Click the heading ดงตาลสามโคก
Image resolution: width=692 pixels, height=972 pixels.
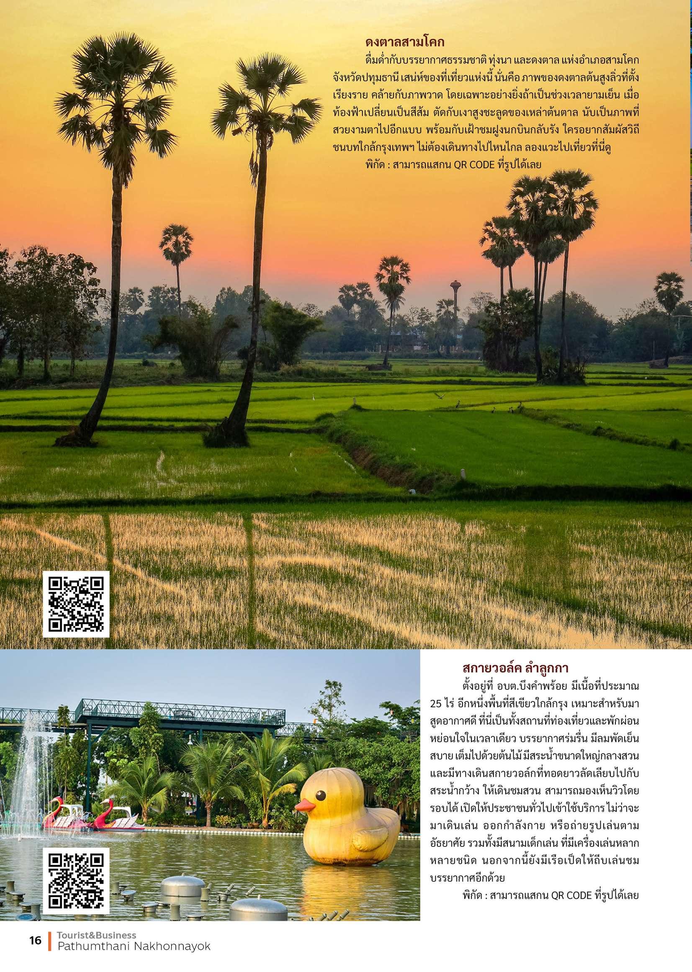click(x=405, y=43)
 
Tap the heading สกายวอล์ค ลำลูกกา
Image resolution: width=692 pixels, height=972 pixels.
click(x=516, y=668)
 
